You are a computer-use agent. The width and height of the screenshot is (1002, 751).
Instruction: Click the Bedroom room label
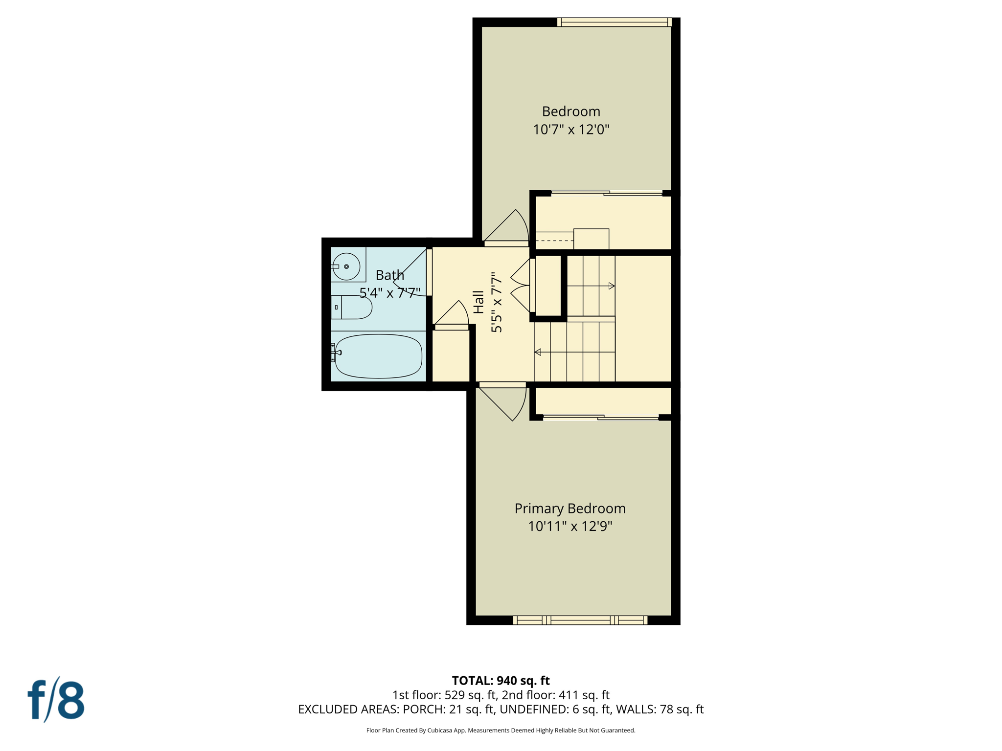click(571, 111)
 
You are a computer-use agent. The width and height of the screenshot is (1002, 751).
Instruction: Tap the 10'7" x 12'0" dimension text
click(571, 130)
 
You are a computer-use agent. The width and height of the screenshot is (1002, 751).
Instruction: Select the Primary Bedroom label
click(570, 508)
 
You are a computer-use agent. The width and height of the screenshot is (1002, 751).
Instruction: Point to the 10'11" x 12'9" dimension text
click(570, 527)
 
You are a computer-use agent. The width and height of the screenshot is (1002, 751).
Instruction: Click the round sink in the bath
click(346, 266)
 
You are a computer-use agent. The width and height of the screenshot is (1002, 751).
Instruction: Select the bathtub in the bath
click(378, 356)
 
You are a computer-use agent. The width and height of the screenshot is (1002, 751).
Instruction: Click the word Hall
click(478, 302)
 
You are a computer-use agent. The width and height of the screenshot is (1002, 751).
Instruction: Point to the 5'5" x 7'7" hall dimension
click(497, 302)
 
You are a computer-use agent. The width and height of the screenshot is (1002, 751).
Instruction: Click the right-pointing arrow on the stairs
click(611, 286)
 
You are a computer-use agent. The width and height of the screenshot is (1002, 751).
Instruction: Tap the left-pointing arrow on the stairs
click(538, 352)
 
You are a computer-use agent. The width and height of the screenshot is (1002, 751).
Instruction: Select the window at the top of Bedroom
click(614, 22)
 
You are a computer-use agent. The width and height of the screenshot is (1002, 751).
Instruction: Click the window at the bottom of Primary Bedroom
click(580, 620)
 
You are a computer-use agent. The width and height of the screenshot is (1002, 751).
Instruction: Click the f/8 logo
click(56, 700)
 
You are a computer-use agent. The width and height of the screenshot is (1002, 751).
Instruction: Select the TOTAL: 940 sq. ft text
click(501, 681)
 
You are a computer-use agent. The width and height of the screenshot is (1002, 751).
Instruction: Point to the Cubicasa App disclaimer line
click(501, 730)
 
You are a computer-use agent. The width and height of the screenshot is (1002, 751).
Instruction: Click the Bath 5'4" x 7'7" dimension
click(390, 293)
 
